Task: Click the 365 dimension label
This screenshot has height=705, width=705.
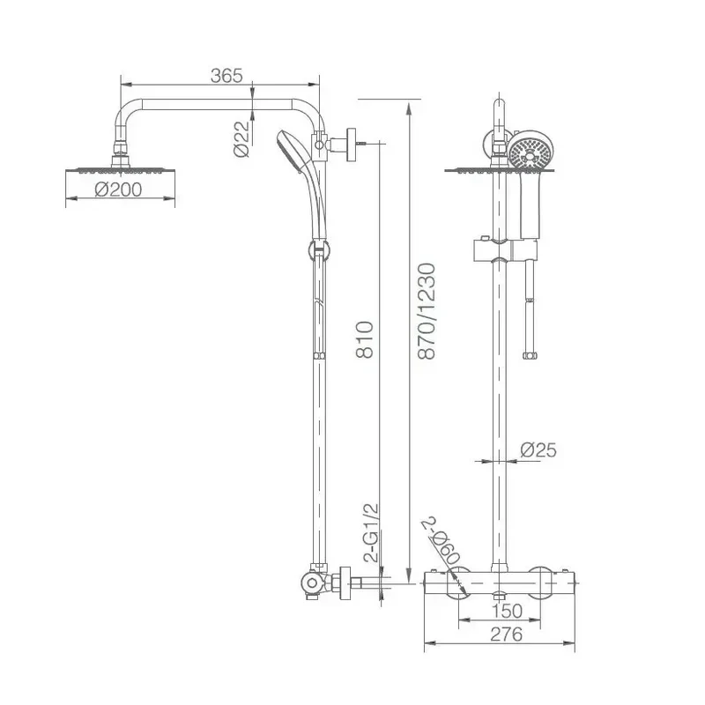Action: coord(226,76)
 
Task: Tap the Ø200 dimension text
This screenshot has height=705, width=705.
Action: coord(119,189)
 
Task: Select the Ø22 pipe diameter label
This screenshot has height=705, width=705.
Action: coord(241,139)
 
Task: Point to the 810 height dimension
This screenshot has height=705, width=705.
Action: coord(365,339)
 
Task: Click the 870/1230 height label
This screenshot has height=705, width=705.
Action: coord(427,311)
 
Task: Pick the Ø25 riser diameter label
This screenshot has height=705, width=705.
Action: coord(538,449)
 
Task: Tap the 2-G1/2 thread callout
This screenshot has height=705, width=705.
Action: coord(372,533)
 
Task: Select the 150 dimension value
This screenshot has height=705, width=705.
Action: coord(507,611)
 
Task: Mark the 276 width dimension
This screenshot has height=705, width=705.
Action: coord(506,634)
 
